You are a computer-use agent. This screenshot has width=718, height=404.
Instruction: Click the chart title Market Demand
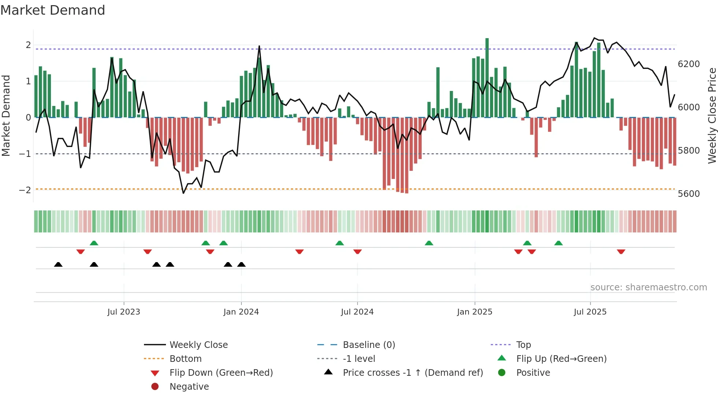pyautogui.click(x=53, y=10)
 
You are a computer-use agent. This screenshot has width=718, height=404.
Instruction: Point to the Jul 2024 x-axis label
pyautogui.click(x=357, y=312)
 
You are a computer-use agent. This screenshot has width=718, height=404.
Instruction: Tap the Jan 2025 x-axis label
pyautogui.click(x=474, y=312)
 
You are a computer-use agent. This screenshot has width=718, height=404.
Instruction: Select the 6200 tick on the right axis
pyautogui.click(x=689, y=64)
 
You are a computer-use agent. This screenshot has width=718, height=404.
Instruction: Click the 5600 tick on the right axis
pyautogui.click(x=689, y=194)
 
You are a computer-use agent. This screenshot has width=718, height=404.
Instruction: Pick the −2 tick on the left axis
pyautogui.click(x=25, y=190)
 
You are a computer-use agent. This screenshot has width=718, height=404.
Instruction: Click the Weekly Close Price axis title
pyautogui.click(x=712, y=115)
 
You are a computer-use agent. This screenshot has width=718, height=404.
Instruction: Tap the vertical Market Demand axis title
pyautogui.click(x=6, y=115)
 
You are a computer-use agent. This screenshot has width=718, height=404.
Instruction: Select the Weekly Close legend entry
pyautogui.click(x=198, y=345)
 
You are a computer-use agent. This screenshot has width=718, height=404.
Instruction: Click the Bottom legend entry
pyautogui.click(x=185, y=359)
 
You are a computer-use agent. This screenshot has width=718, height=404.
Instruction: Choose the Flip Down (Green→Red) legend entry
pyautogui.click(x=221, y=373)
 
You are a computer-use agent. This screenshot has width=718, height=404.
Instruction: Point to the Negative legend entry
pyautogui.click(x=189, y=387)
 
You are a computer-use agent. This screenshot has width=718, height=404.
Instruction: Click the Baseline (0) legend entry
pyautogui.click(x=369, y=345)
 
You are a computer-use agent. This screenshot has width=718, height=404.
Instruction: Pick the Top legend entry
pyautogui.click(x=523, y=345)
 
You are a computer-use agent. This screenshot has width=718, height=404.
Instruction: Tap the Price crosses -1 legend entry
pyautogui.click(x=412, y=373)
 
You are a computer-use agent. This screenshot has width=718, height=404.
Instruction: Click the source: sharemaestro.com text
pyautogui.click(x=648, y=287)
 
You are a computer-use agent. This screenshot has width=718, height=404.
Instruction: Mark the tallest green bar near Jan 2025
pyautogui.click(x=487, y=77)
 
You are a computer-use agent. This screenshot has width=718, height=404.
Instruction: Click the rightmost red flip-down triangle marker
pyautogui.click(x=621, y=251)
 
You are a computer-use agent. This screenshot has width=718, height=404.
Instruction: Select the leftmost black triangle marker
pyautogui.click(x=58, y=264)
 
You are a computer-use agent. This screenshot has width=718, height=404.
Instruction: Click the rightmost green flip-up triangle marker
pyautogui.click(x=558, y=243)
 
